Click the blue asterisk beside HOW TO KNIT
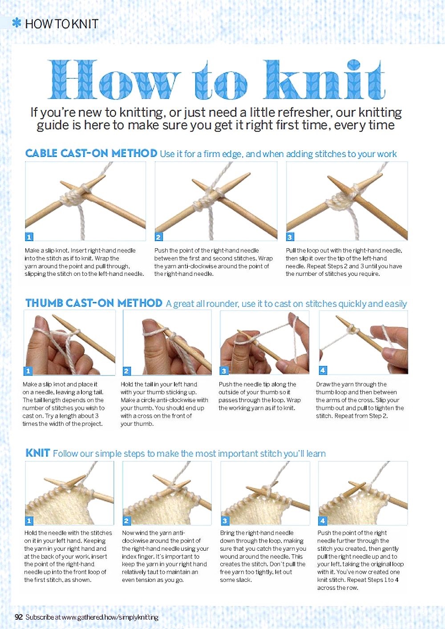(x=17, y=23)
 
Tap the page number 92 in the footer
(x=19, y=617)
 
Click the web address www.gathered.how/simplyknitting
(x=110, y=617)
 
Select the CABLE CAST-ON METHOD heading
(x=91, y=153)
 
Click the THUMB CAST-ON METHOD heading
(x=94, y=303)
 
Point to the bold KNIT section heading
(x=38, y=453)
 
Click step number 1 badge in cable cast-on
(x=29, y=237)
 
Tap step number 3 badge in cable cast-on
(x=290, y=237)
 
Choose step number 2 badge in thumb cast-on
(x=127, y=371)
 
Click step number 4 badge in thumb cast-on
(x=323, y=371)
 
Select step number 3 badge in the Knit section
(x=225, y=521)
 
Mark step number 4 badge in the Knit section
(x=323, y=521)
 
